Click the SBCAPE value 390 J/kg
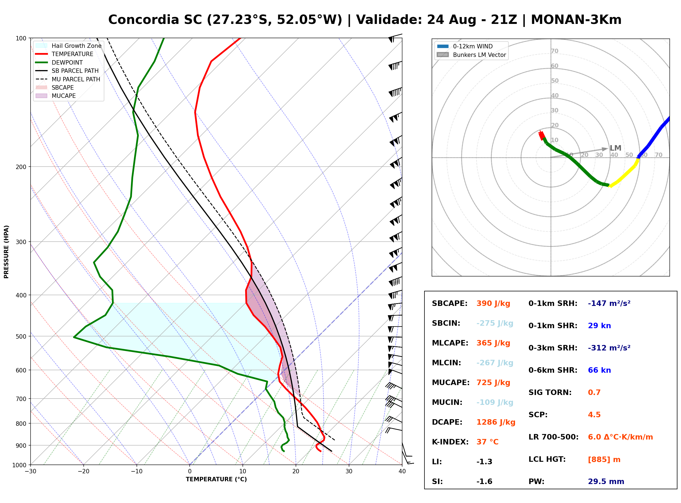[x=493, y=303]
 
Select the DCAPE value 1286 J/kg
[x=496, y=422]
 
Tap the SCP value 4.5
[x=594, y=415]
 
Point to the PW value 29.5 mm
[x=606, y=482]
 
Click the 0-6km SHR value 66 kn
[x=599, y=370]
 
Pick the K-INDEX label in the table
[x=450, y=442]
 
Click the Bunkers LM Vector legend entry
[x=471, y=55]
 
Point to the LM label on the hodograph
[x=615, y=148]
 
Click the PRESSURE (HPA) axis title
[x=6, y=252]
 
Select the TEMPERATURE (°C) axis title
[x=216, y=480]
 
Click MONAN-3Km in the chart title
[x=576, y=20]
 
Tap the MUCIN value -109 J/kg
[x=495, y=402]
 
